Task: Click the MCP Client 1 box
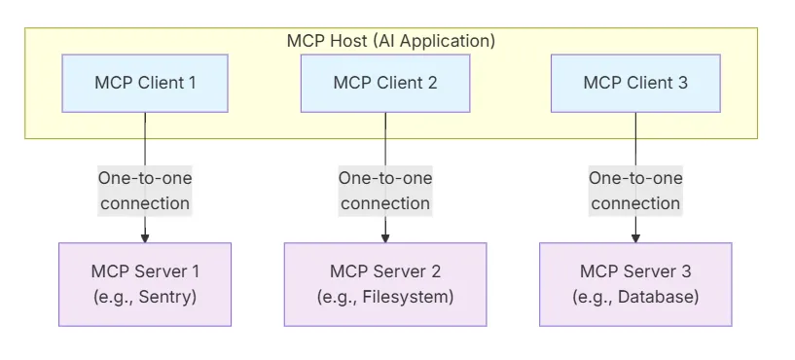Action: [145, 83]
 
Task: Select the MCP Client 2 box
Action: [385, 83]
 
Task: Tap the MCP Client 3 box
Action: [635, 83]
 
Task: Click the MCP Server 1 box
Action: [145, 283]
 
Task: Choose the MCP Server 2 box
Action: [385, 283]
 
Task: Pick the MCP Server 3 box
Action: [635, 283]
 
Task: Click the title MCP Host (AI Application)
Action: [391, 41]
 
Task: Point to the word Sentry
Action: [167, 296]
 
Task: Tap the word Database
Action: [660, 296]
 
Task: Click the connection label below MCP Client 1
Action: [145, 191]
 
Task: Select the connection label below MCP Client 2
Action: [385, 191]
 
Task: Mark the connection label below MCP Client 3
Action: [635, 191]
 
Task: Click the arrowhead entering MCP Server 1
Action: [145, 236]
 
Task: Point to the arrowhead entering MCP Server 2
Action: [385, 236]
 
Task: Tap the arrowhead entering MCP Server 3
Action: [636, 236]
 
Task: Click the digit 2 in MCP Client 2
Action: [432, 83]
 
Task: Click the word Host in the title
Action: [345, 41]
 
